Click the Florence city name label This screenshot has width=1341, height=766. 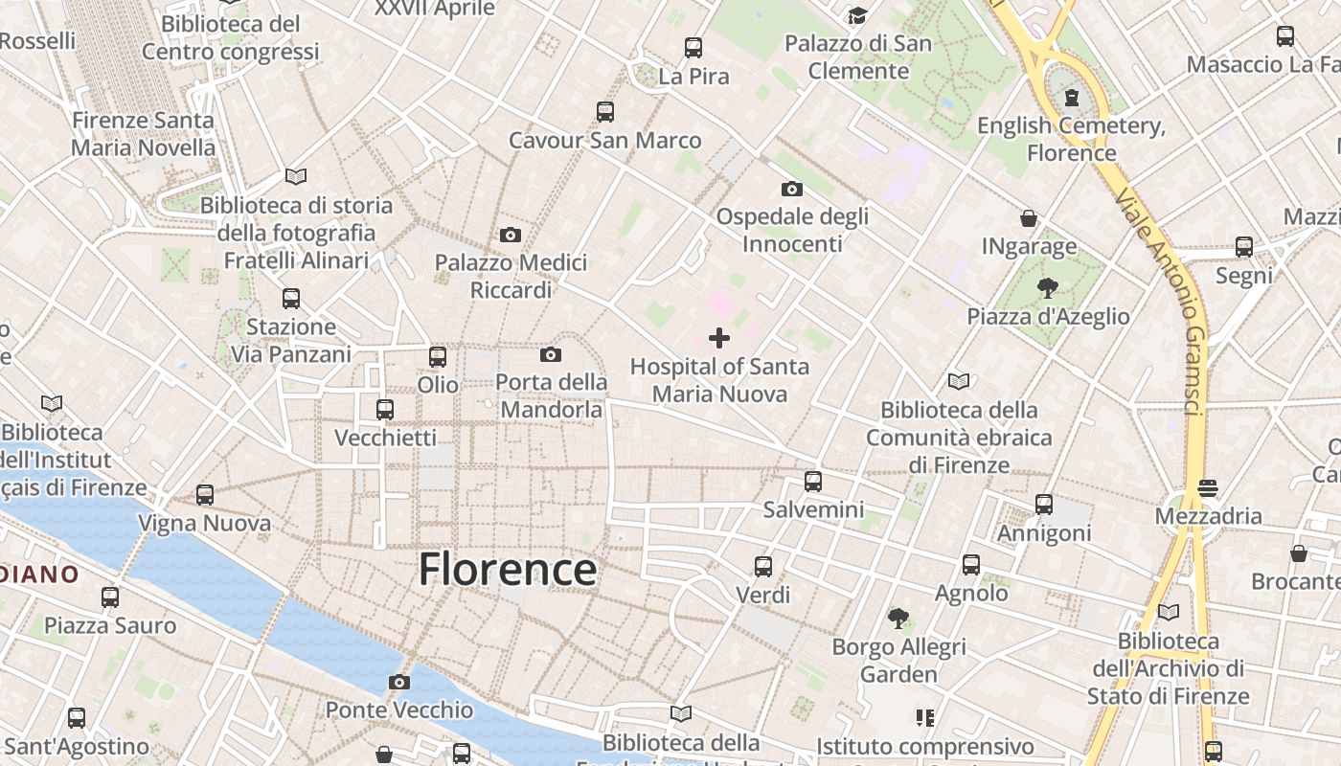coord(508,569)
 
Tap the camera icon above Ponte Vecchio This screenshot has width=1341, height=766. coord(399,682)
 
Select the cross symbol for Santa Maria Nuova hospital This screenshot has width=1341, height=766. coord(719,337)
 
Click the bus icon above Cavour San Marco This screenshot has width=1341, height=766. coord(605,111)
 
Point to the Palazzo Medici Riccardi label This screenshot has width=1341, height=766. coord(511,276)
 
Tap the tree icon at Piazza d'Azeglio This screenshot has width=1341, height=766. coord(1048,287)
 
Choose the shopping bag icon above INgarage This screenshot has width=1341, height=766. coord(1029,218)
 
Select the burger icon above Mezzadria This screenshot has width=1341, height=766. coord(1208,487)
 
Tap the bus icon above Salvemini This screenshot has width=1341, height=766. coord(813,481)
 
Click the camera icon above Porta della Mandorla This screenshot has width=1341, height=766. coord(551,355)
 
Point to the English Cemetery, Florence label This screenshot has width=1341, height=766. coord(1071,139)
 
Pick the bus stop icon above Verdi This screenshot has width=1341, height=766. coord(763,566)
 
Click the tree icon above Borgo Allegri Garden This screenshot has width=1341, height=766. coord(898,619)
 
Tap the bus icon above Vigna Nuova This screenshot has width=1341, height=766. coord(205,495)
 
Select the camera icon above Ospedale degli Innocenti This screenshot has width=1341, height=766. coord(792,189)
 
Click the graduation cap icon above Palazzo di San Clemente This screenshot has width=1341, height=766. coord(857,15)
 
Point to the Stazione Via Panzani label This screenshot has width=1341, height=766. coord(291,340)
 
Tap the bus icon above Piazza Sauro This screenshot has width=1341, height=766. coord(110,597)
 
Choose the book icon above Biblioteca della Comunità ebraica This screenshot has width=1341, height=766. coord(959,381)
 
